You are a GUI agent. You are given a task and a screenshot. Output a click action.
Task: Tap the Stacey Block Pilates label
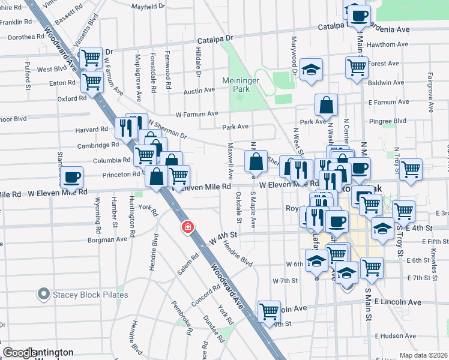[89, 295]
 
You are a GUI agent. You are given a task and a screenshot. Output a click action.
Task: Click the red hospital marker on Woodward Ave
[188, 227]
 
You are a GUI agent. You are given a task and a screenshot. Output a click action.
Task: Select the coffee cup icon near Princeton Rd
[71, 177]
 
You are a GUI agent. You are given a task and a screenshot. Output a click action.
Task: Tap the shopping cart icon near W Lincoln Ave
[270, 311]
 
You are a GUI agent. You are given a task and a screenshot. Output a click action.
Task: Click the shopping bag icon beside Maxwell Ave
[256, 161]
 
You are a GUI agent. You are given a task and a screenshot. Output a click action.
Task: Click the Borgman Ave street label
[108, 239]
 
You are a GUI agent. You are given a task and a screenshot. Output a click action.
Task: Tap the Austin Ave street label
[199, 91]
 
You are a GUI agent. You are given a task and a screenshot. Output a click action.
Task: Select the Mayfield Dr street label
[148, 6]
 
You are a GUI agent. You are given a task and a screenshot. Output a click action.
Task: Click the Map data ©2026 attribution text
[424, 355]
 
